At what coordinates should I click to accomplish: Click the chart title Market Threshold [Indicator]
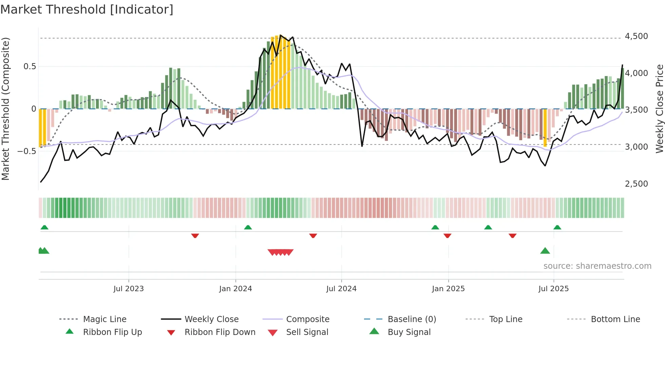click(x=87, y=10)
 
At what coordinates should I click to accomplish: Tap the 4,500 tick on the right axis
click(x=636, y=36)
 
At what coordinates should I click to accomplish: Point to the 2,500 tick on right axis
click(x=636, y=184)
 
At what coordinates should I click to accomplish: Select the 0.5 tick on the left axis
click(x=30, y=67)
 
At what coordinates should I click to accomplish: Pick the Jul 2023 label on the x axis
click(x=129, y=289)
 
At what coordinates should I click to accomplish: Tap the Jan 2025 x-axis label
click(x=448, y=289)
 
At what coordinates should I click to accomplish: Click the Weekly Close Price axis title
click(x=659, y=109)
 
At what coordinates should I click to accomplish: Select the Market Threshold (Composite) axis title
click(x=5, y=109)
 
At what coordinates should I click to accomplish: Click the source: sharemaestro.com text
click(x=597, y=266)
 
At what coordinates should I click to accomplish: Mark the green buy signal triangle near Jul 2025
click(x=545, y=251)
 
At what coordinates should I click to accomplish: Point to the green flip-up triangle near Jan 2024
click(x=248, y=227)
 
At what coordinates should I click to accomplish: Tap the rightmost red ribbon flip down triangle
click(x=512, y=236)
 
